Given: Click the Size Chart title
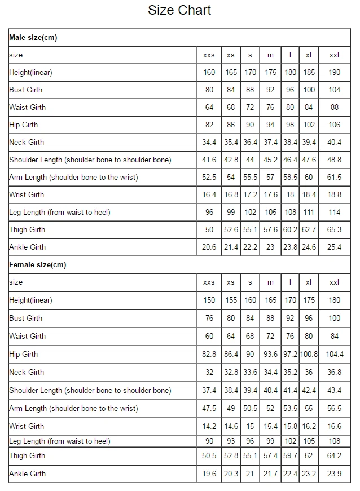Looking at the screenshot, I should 179,10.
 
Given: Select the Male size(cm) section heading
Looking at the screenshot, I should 33,38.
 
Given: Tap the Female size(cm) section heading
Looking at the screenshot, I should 38,265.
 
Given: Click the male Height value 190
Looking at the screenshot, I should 335,73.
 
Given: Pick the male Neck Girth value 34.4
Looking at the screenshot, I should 209,143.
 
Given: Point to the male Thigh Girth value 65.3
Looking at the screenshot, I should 335,230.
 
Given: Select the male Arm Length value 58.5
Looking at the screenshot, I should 290,178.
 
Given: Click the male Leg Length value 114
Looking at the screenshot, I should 335,213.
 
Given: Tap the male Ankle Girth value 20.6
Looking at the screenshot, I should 209,247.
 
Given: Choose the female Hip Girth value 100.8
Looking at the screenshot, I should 308,355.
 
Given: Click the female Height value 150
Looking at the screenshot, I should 209,300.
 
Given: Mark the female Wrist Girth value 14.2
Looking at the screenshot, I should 209,427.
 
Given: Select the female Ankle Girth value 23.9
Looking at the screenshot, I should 335,474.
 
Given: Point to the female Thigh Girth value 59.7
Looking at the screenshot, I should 290,456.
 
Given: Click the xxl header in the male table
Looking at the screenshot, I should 335,55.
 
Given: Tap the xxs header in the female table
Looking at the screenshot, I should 209,282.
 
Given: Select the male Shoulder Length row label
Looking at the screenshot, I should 90,160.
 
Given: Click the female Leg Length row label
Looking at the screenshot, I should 60,441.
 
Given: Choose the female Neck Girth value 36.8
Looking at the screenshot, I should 335,373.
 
